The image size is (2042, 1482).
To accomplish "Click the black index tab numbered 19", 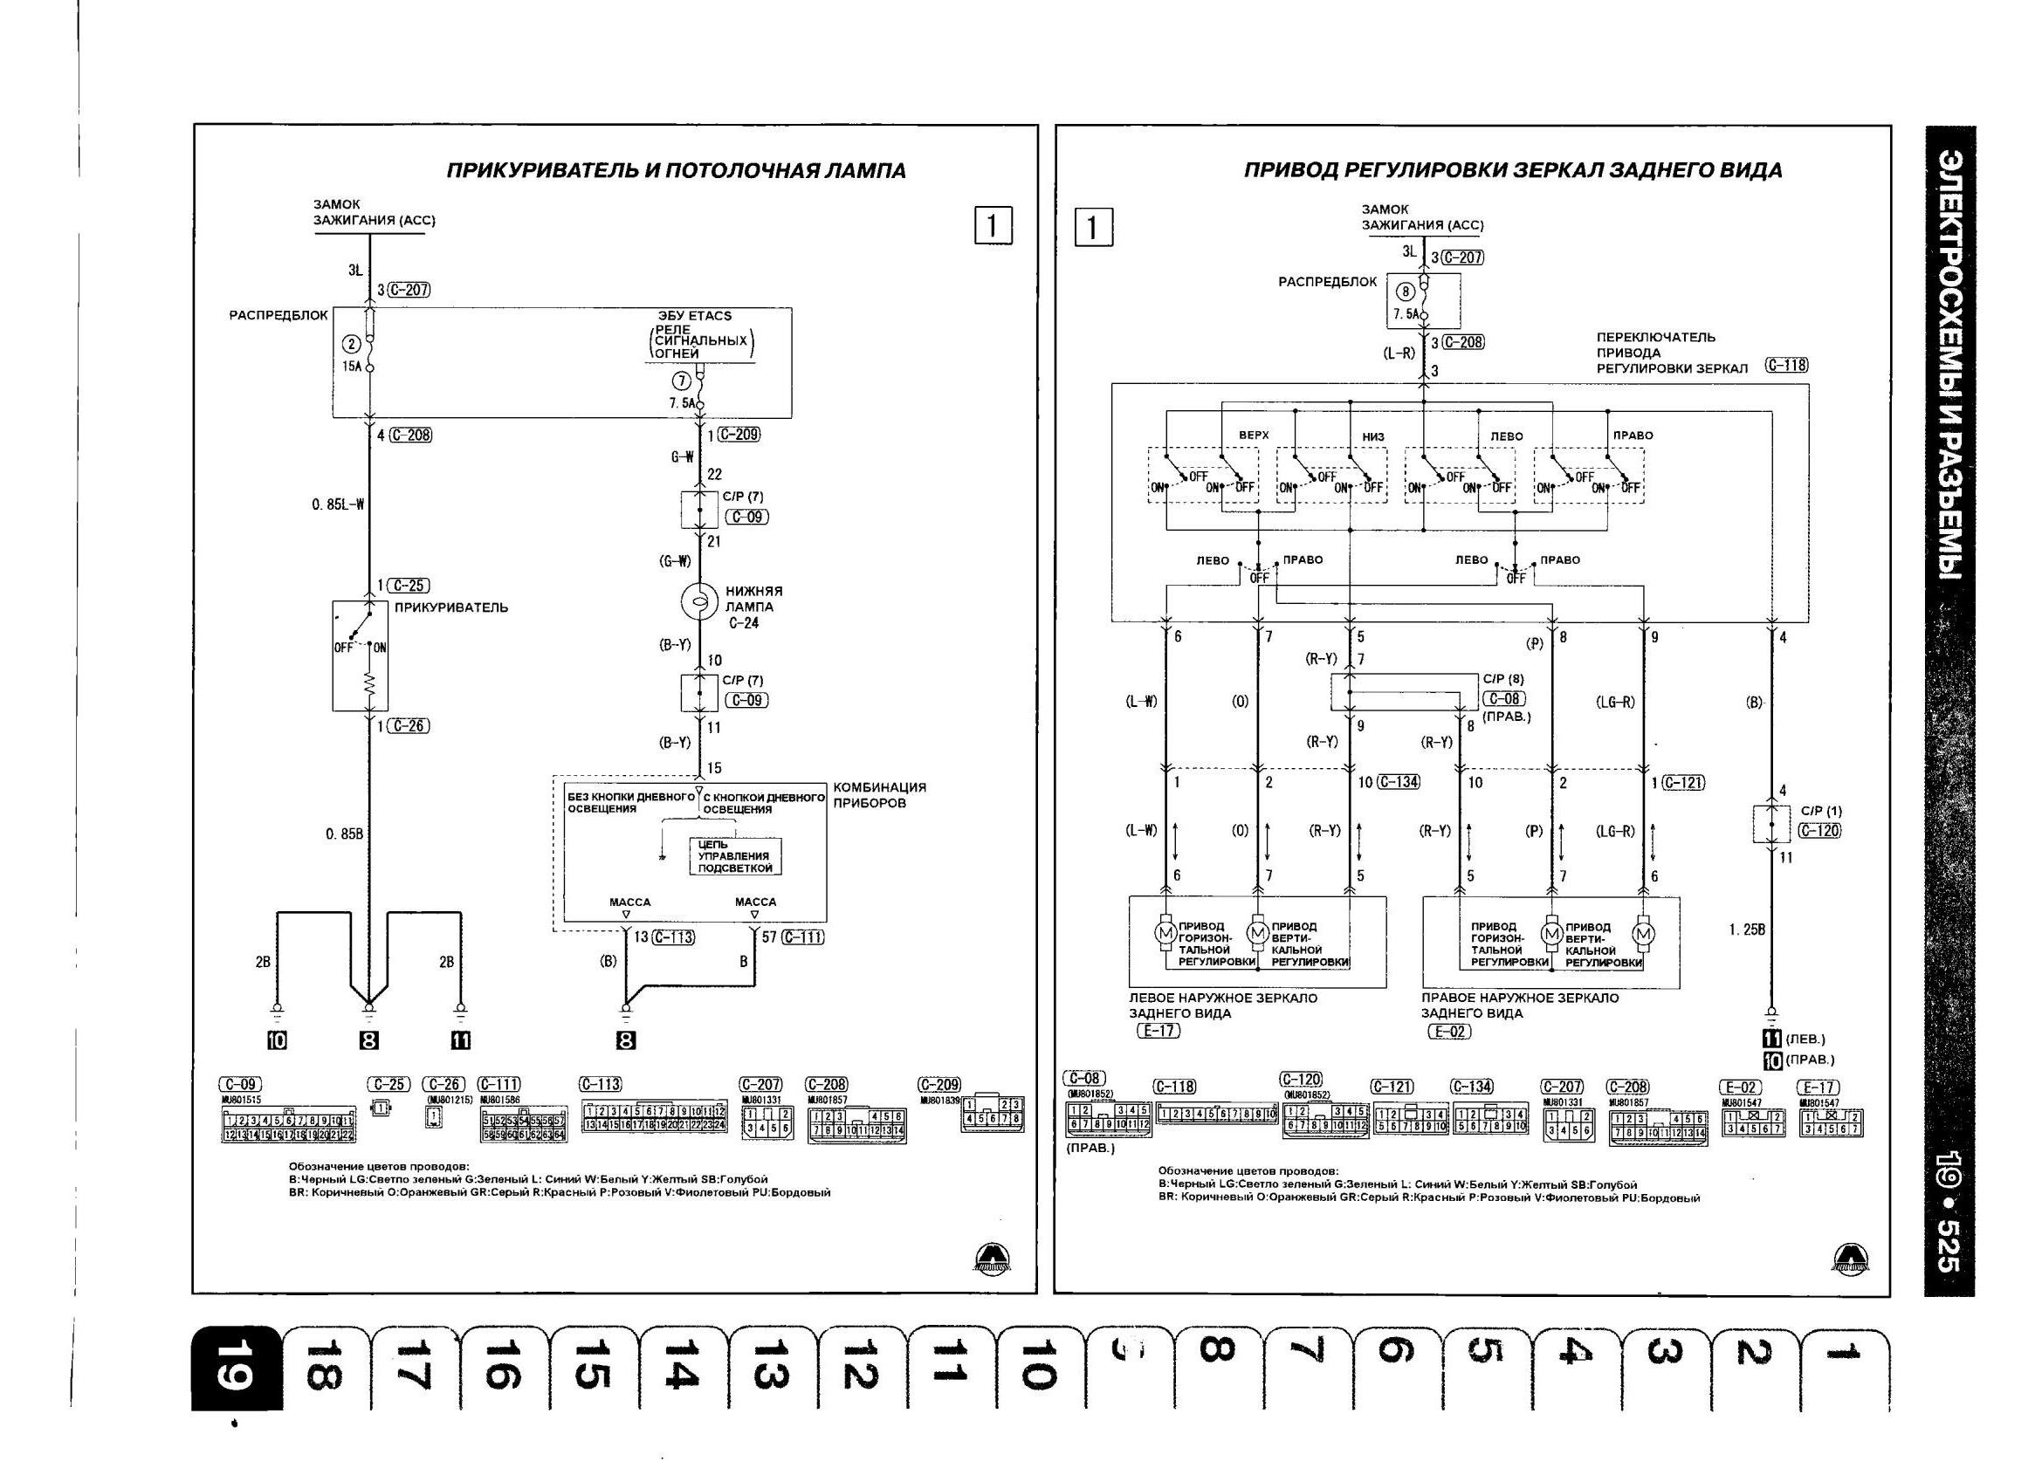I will pyautogui.click(x=236, y=1369).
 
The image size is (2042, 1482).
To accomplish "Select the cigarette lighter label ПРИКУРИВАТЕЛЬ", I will pyautogui.click(x=451, y=607).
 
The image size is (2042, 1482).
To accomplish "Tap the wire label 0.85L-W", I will pyautogui.click(x=339, y=505).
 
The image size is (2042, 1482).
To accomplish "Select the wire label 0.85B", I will pyautogui.click(x=345, y=834).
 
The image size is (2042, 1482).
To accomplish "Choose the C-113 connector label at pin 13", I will pyautogui.click(x=673, y=937).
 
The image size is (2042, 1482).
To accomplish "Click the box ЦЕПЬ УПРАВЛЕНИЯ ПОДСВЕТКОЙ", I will pyautogui.click(x=735, y=856).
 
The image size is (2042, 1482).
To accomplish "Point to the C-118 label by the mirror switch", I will pyautogui.click(x=1786, y=366).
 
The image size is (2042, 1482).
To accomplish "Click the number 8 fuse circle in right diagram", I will pyautogui.click(x=1406, y=292).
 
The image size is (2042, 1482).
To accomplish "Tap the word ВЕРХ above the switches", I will pyautogui.click(x=1254, y=436).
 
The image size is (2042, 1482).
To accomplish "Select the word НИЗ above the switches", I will pyautogui.click(x=1373, y=437).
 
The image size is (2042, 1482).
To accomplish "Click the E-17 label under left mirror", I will pyautogui.click(x=1158, y=1031).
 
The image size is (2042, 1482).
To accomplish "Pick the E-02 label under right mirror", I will pyautogui.click(x=1449, y=1031).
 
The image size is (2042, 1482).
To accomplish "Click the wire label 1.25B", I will pyautogui.click(x=1747, y=930).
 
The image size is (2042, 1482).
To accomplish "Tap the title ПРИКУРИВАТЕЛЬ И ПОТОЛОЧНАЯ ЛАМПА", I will pyautogui.click(x=677, y=171).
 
